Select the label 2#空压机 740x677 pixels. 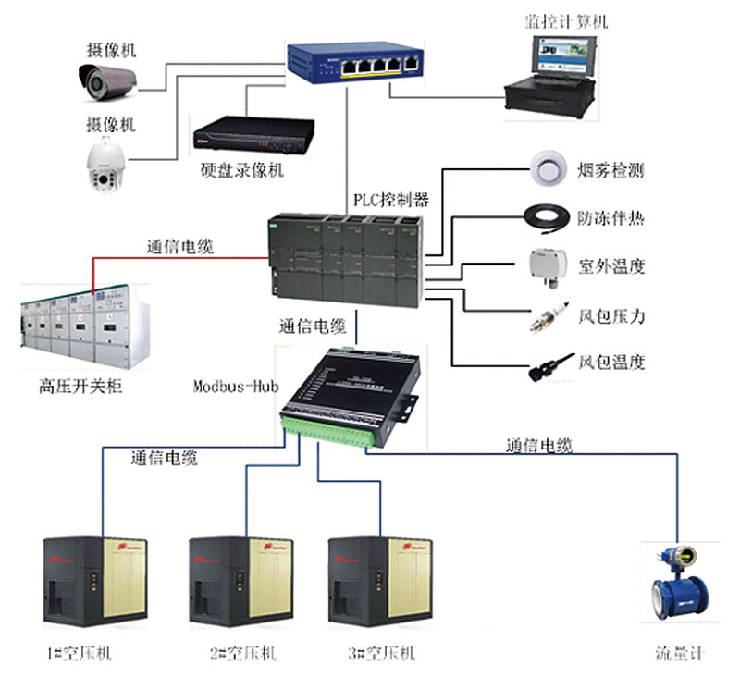click(x=243, y=654)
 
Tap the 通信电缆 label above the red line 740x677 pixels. click(x=180, y=247)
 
